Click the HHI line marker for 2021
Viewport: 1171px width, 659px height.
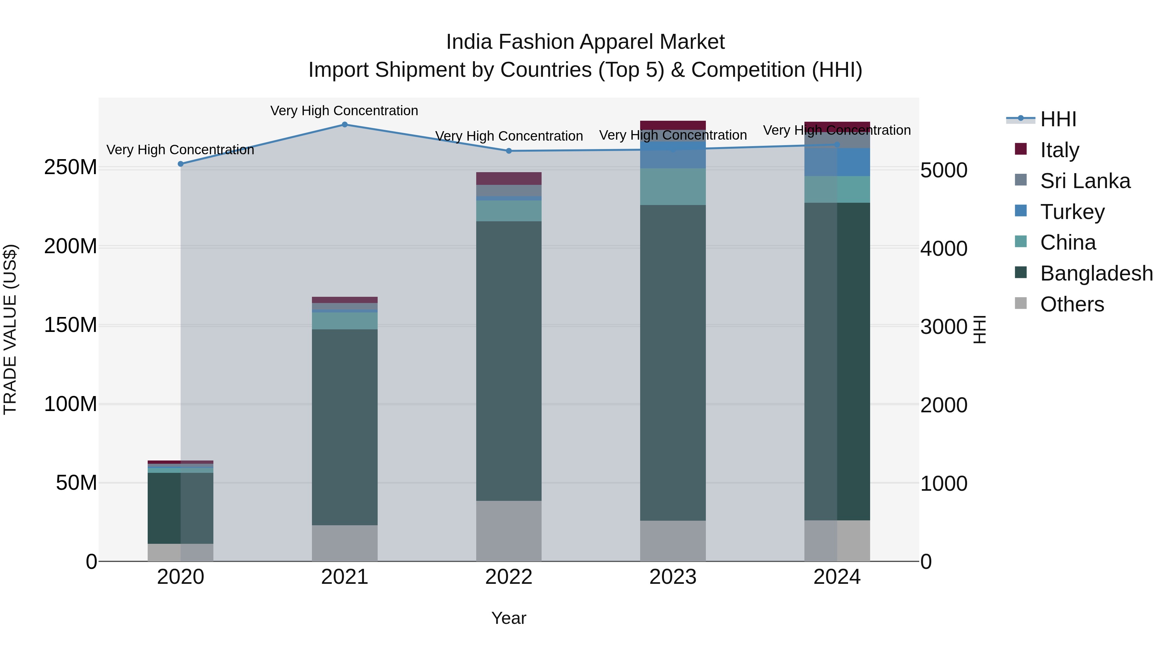[x=344, y=125]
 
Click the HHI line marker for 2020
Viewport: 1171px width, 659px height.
[x=181, y=164]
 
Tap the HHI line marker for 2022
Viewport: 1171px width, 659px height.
[x=509, y=151]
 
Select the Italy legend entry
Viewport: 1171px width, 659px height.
[x=1059, y=150]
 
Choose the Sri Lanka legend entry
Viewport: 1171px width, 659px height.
[x=1084, y=181]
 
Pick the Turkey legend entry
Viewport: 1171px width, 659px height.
[x=1072, y=212]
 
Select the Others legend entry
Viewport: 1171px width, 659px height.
[x=1072, y=304]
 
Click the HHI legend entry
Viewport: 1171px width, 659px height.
[x=1058, y=119]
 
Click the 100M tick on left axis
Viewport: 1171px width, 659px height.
[x=71, y=404]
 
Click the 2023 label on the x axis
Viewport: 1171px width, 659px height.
[x=673, y=577]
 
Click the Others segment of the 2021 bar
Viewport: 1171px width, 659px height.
[x=344, y=543]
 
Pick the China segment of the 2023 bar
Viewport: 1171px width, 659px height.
[x=673, y=186]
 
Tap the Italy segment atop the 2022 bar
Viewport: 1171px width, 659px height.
[x=509, y=178]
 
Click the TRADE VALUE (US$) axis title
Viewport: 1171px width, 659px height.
[x=10, y=329]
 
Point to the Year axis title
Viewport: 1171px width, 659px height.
[x=509, y=618]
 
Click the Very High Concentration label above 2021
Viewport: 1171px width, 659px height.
[x=344, y=111]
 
